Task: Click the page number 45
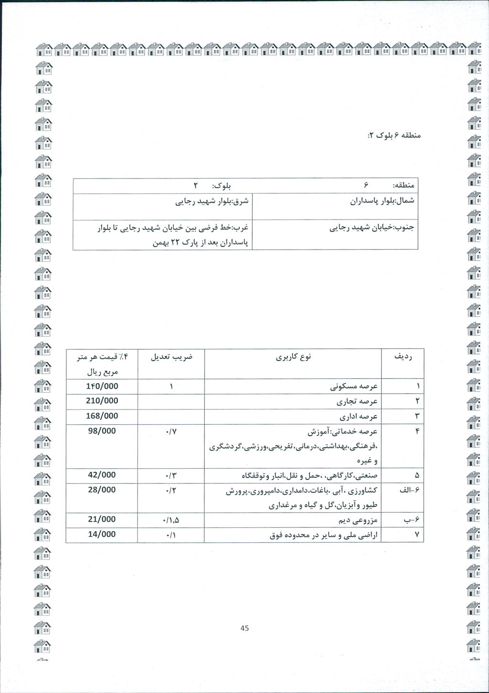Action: (244, 628)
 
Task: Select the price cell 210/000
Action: (102, 401)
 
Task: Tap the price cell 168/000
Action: (102, 416)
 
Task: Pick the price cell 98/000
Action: (102, 431)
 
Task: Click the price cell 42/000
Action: (102, 475)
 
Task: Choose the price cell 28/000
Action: (102, 490)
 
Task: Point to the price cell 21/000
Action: (102, 520)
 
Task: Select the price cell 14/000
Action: (102, 535)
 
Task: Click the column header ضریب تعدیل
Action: (171, 357)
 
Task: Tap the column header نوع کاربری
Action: (293, 357)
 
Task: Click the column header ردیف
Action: (403, 357)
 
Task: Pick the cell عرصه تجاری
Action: (358, 401)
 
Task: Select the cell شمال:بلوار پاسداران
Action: (382, 201)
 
